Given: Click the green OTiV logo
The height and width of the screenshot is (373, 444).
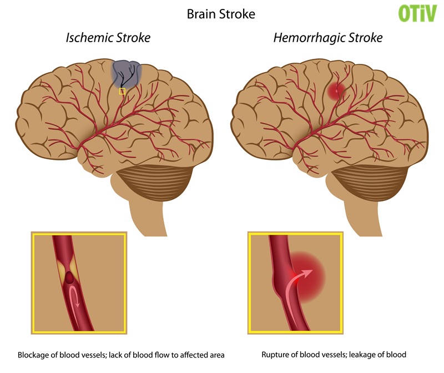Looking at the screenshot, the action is point(417,13).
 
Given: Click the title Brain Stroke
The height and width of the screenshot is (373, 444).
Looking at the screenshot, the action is point(221,14).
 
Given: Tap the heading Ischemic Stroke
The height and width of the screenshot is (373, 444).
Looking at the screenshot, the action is point(108,38).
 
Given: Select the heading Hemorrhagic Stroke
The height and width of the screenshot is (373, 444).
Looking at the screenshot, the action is point(328,38).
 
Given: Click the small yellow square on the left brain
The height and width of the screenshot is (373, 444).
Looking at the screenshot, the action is point(122,91).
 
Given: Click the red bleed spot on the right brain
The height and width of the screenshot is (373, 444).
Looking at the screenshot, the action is point(336,91).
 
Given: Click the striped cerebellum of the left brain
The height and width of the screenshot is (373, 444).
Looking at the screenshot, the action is point(154,183).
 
